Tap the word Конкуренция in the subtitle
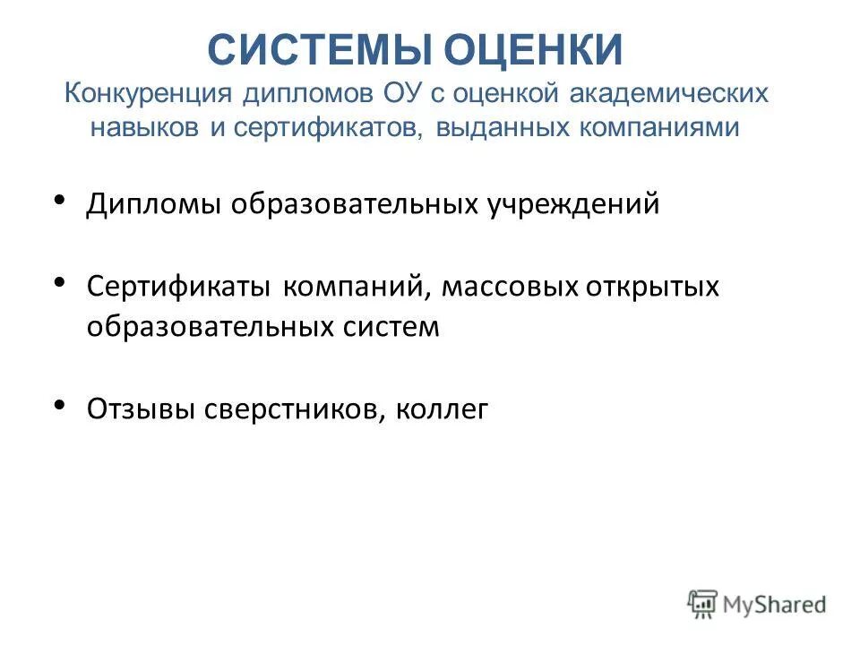click(148, 93)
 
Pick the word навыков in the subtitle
click(146, 126)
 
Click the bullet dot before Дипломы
click(60, 200)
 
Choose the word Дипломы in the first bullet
click(154, 204)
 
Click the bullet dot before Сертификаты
click(60, 282)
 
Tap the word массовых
click(508, 288)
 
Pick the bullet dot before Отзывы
click(60, 404)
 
